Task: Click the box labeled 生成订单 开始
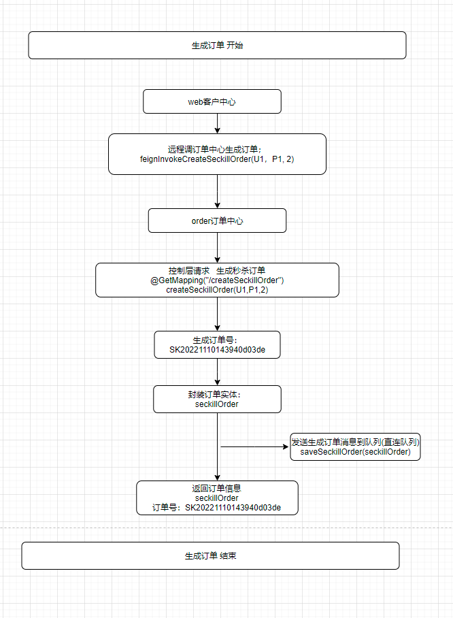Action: [x=217, y=46]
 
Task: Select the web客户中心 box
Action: [x=212, y=101]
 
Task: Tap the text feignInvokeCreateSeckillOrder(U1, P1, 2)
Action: [x=217, y=159]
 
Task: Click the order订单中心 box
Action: [x=217, y=221]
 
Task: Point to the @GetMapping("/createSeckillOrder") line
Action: [x=217, y=280]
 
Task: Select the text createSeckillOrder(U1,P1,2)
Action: [x=217, y=290]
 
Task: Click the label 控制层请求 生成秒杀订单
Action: [x=217, y=271]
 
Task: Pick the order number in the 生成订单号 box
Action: [x=217, y=350]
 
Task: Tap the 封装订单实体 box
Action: [x=217, y=400]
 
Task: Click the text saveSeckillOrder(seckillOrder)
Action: [x=355, y=452]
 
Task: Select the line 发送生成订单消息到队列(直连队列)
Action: [x=355, y=442]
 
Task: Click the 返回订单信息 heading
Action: [x=217, y=488]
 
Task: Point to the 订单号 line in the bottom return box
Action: [x=217, y=508]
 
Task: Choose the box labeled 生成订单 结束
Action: [x=210, y=556]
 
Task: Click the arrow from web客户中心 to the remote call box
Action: [x=217, y=123]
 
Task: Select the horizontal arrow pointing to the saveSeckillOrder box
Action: [x=255, y=446]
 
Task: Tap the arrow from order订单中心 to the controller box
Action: [x=217, y=248]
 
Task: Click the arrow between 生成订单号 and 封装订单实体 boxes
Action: [x=217, y=372]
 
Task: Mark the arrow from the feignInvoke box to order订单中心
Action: [x=217, y=191]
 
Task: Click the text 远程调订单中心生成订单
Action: [x=214, y=149]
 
